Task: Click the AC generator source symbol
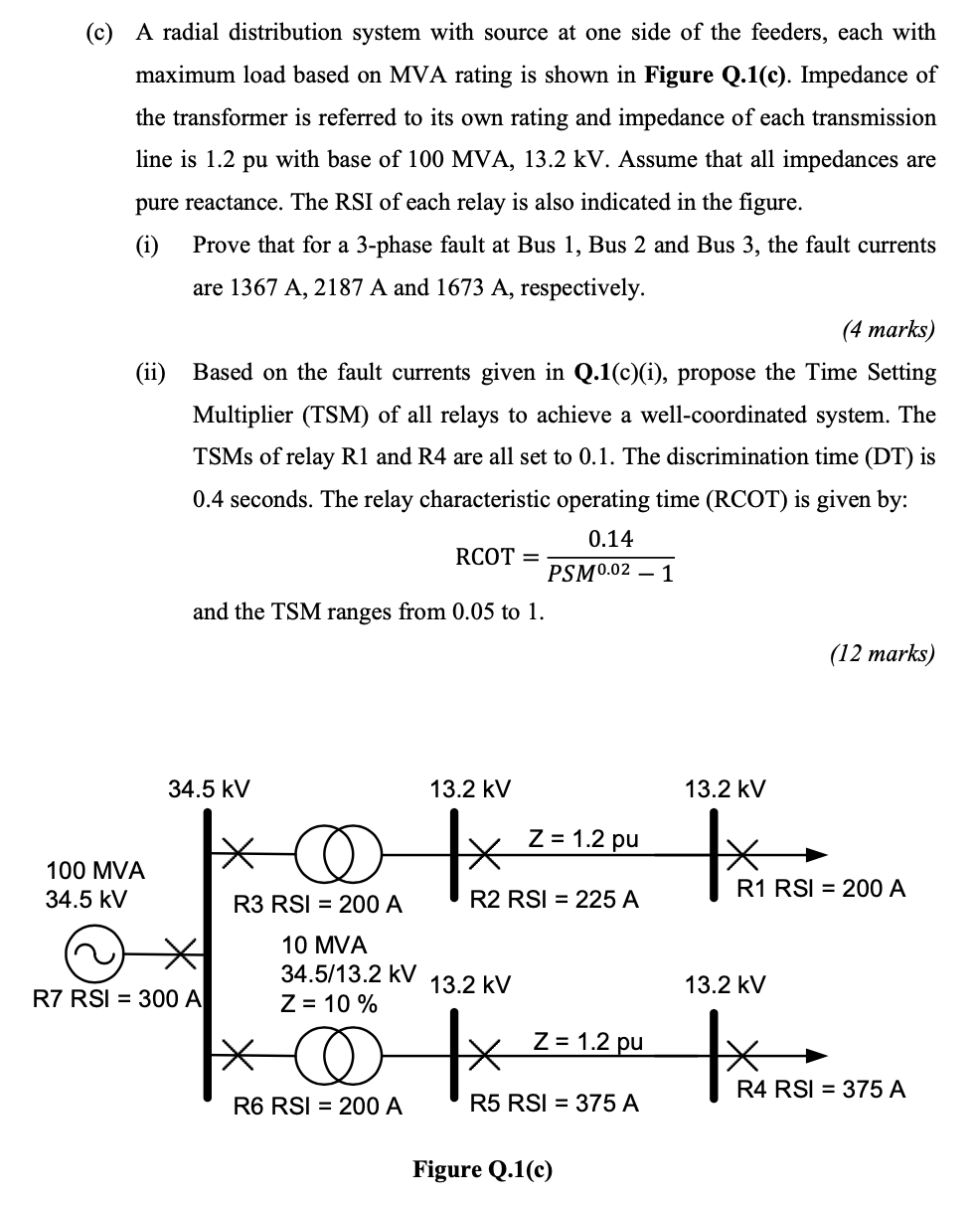coord(86,953)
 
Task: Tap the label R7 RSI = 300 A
coord(117,998)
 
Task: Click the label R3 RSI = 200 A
coord(317,905)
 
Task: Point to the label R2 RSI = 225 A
coord(554,901)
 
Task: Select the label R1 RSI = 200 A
coord(820,889)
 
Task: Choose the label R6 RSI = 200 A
coord(317,1105)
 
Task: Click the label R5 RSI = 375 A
coord(554,1103)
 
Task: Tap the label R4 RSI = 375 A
coord(820,1090)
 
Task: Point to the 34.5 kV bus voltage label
coord(209,789)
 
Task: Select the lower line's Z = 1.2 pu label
coord(587,1041)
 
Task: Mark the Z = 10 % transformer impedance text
coord(329,1004)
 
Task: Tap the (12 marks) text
coord(881,653)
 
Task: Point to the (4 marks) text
coord(888,330)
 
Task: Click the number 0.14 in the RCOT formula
coord(610,539)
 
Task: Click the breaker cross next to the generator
coord(181,953)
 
